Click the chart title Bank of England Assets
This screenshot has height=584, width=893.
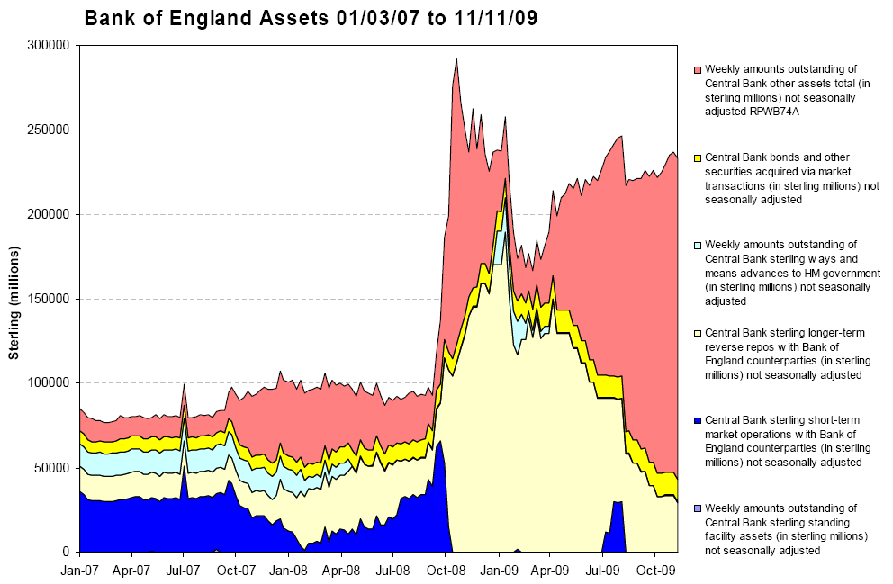310,19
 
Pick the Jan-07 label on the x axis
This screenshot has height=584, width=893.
80,570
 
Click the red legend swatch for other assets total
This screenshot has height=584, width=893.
697,70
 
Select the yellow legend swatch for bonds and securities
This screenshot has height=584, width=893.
697,157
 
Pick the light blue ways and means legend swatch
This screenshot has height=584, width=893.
697,245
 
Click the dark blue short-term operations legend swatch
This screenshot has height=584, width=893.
697,420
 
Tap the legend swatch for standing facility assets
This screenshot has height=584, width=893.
697,508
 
